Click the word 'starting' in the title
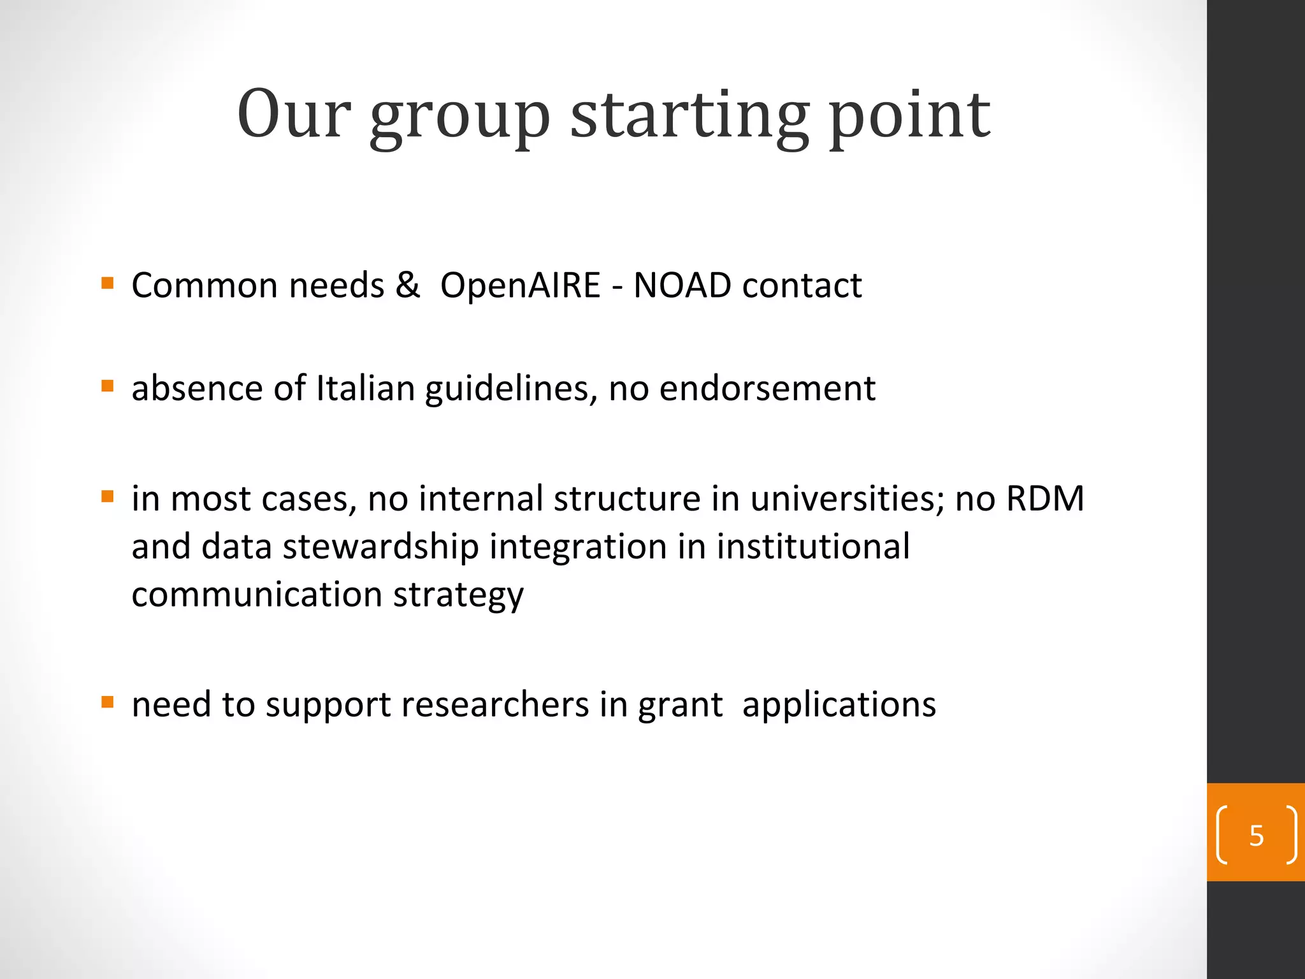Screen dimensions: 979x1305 (689, 117)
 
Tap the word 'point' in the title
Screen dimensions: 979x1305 (909, 117)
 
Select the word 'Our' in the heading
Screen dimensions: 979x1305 (294, 115)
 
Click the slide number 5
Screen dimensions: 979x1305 (1256, 836)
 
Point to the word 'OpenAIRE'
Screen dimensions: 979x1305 (520, 285)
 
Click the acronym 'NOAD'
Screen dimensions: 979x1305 (682, 285)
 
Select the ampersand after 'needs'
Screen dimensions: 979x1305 (407, 285)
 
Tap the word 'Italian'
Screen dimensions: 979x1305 (365, 388)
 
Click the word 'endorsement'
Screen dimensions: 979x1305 (767, 388)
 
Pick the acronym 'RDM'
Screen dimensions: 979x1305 (1044, 498)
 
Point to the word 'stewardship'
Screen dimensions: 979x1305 (380, 547)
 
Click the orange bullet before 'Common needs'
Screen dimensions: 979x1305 (107, 282)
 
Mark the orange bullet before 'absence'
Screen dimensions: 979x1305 (107, 386)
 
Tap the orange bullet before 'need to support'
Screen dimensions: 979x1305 (107, 702)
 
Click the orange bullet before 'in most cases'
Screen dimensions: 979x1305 (107, 496)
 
